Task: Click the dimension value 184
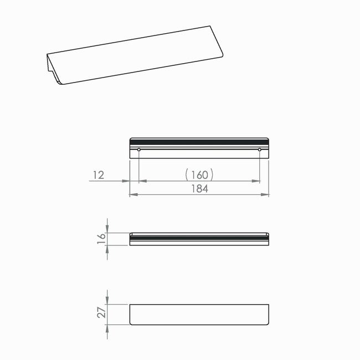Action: click(200, 189)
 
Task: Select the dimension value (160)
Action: click(199, 174)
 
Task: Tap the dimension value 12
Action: click(99, 175)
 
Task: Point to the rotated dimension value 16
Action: click(101, 239)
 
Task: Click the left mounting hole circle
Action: click(139, 150)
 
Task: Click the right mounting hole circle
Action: click(259, 150)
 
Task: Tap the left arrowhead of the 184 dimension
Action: click(133, 195)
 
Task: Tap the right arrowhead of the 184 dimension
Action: click(265, 195)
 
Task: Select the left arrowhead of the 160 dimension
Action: click(143, 181)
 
